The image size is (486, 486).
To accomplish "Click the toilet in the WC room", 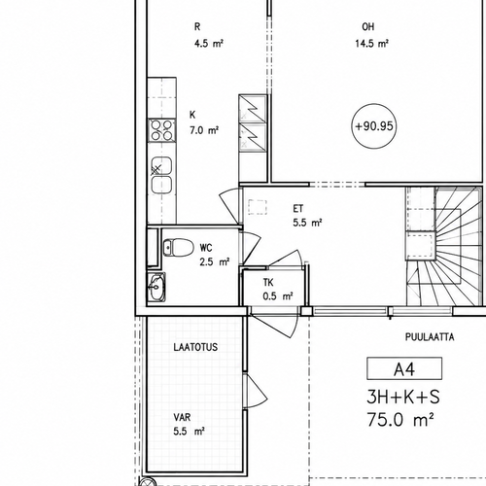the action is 178,247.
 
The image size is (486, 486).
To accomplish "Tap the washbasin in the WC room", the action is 157,287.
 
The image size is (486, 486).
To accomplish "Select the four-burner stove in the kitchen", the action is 162,130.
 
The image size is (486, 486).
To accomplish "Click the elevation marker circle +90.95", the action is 374,126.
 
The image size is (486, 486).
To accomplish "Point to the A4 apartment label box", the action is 404,368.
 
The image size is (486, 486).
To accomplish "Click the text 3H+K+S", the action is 403,398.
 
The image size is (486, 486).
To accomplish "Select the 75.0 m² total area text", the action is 400,420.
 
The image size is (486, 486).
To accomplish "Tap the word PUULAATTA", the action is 430,337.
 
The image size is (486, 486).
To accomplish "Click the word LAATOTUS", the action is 195,347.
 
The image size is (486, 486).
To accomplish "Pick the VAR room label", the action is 182,417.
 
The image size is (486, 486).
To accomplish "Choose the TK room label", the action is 268,283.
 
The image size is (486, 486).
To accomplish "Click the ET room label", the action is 298,209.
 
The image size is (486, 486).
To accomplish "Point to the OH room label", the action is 368,27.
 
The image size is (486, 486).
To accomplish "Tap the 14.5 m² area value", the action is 371,44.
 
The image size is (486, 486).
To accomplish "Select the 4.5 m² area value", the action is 209,44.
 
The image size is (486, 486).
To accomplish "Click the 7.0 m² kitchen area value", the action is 204,130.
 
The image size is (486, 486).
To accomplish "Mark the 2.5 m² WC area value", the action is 215,261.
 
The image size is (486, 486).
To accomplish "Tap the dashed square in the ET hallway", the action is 258,207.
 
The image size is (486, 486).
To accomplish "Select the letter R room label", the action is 197,27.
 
